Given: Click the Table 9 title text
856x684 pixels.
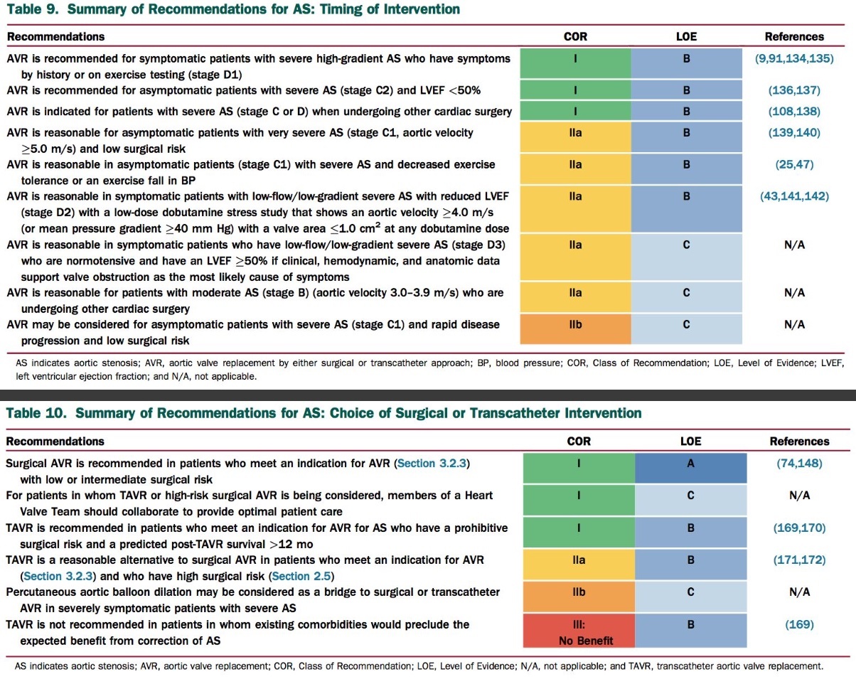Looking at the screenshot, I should tap(233, 9).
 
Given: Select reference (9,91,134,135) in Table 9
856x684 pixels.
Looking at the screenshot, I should tap(794, 59).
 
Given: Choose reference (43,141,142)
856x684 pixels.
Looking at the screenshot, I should tap(794, 196).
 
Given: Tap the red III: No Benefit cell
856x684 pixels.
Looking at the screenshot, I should tap(579, 632).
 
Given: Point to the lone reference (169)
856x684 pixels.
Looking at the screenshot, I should tap(799, 625).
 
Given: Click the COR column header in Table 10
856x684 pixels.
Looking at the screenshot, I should tap(579, 442).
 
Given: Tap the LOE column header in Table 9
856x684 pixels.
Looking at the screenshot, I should tap(686, 36).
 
